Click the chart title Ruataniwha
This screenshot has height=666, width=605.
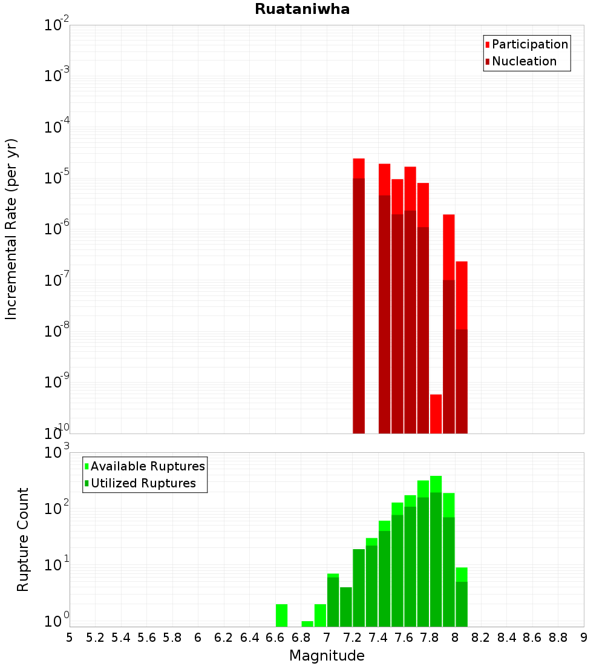302,9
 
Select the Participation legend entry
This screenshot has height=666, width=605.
530,44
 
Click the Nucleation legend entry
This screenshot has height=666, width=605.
524,61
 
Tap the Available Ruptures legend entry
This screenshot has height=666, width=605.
148,466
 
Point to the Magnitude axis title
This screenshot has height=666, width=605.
327,656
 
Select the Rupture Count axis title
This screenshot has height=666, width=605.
23,539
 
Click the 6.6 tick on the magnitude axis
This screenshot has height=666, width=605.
275,638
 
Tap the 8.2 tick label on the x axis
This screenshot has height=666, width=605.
481,638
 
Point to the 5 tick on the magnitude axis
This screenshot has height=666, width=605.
70,638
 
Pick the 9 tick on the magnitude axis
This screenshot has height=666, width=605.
584,638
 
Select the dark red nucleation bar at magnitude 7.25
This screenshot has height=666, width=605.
359,303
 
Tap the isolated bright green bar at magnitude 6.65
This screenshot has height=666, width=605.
281,615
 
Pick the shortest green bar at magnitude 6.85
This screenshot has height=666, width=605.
307,624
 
